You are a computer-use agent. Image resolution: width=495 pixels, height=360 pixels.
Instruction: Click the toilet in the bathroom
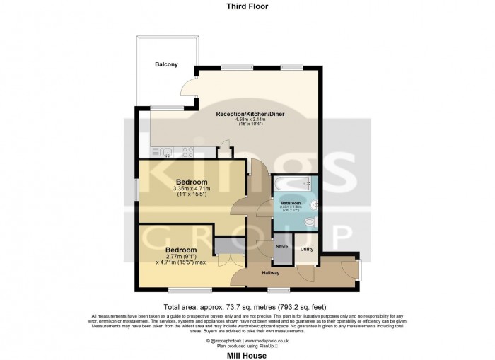(x=308, y=223)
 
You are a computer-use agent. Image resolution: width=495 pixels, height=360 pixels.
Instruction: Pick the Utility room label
(x=307, y=250)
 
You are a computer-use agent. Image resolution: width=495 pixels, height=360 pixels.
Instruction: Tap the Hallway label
(x=271, y=273)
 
